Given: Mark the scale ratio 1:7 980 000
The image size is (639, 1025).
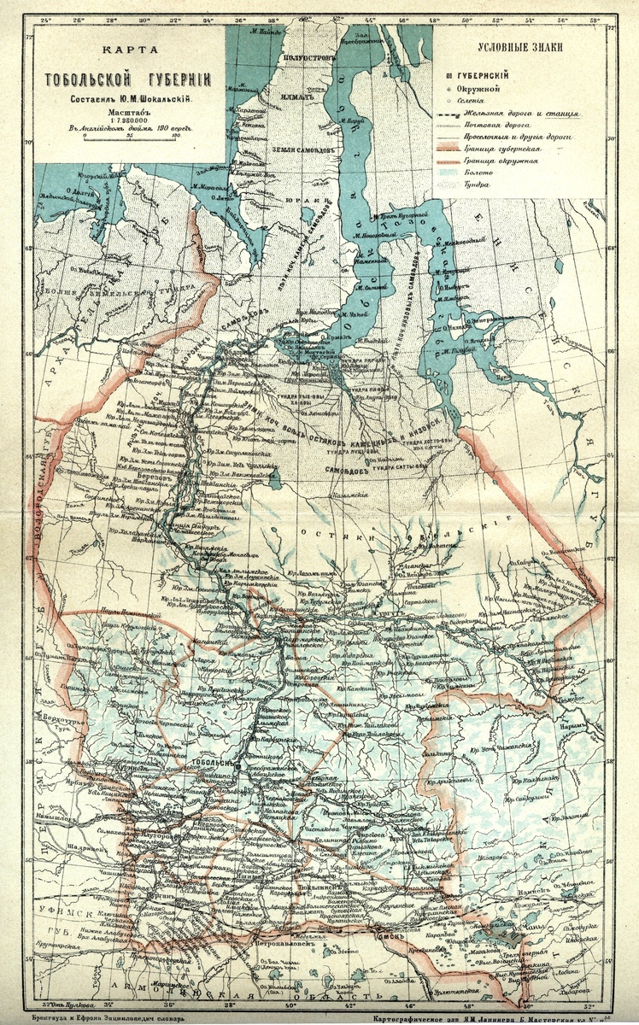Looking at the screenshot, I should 126,120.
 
